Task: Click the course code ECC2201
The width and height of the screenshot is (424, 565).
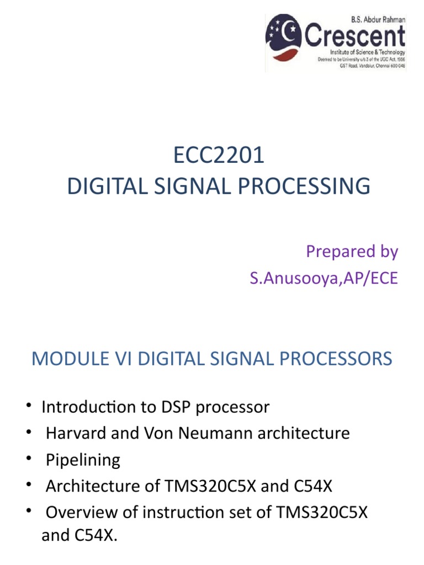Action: (219, 156)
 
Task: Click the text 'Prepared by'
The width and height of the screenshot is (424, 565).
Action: (352, 252)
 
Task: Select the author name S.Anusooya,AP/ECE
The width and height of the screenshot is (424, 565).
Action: (323, 278)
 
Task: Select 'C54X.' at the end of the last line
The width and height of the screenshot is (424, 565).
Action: (99, 536)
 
